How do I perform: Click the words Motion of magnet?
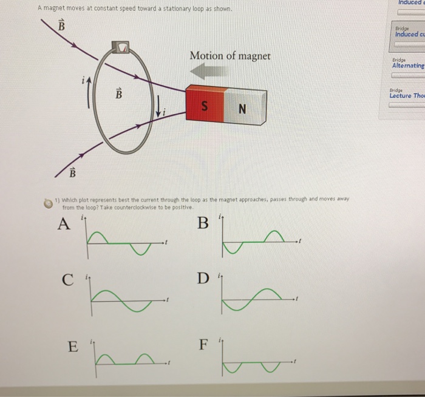pyautogui.click(x=230, y=56)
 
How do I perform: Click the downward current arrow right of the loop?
pyautogui.click(x=158, y=108)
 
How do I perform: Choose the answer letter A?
pyautogui.click(x=62, y=225)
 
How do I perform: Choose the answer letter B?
pyautogui.click(x=203, y=224)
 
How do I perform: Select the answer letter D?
pyautogui.click(x=202, y=279)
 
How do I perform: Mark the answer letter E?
pyautogui.click(x=72, y=347)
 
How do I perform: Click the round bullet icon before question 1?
pyautogui.click(x=46, y=202)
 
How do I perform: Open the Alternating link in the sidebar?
pyautogui.click(x=409, y=65)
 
